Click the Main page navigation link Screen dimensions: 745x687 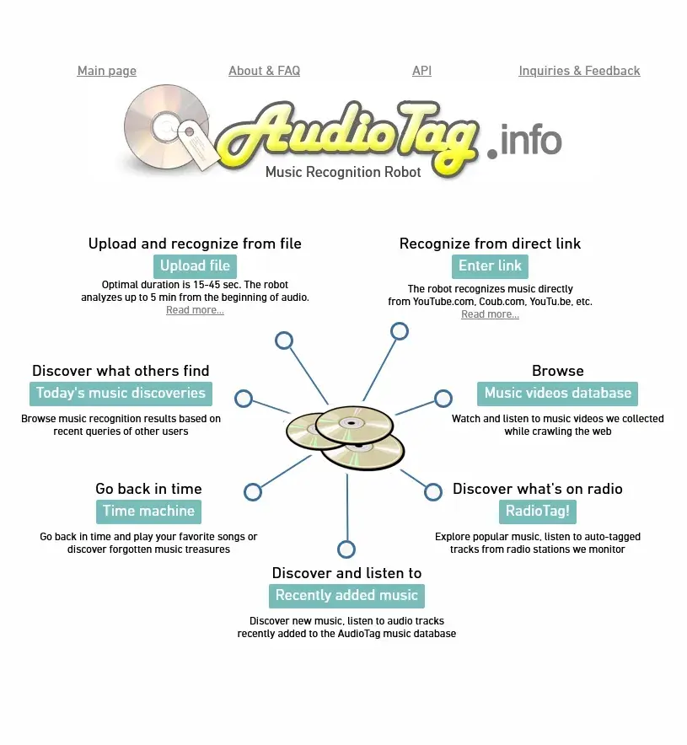coord(106,71)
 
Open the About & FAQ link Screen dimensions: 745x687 coord(264,71)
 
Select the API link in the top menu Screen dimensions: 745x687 coord(421,71)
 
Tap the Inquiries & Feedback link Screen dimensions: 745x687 coord(579,71)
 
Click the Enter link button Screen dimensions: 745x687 coord(490,266)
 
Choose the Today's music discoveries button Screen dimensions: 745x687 coord(121,394)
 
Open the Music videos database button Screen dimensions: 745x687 coord(557,394)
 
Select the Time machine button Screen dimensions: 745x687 coord(148,512)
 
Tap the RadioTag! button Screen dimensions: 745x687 coord(537,512)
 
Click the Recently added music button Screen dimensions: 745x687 coord(346,596)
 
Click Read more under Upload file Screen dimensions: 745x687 coord(195,310)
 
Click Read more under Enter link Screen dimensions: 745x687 coord(490,314)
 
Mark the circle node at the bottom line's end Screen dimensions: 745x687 coord(346,549)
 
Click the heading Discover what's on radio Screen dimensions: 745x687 coord(537,489)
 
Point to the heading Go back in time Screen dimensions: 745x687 coord(148,489)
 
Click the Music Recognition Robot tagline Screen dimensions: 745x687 coord(343,172)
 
